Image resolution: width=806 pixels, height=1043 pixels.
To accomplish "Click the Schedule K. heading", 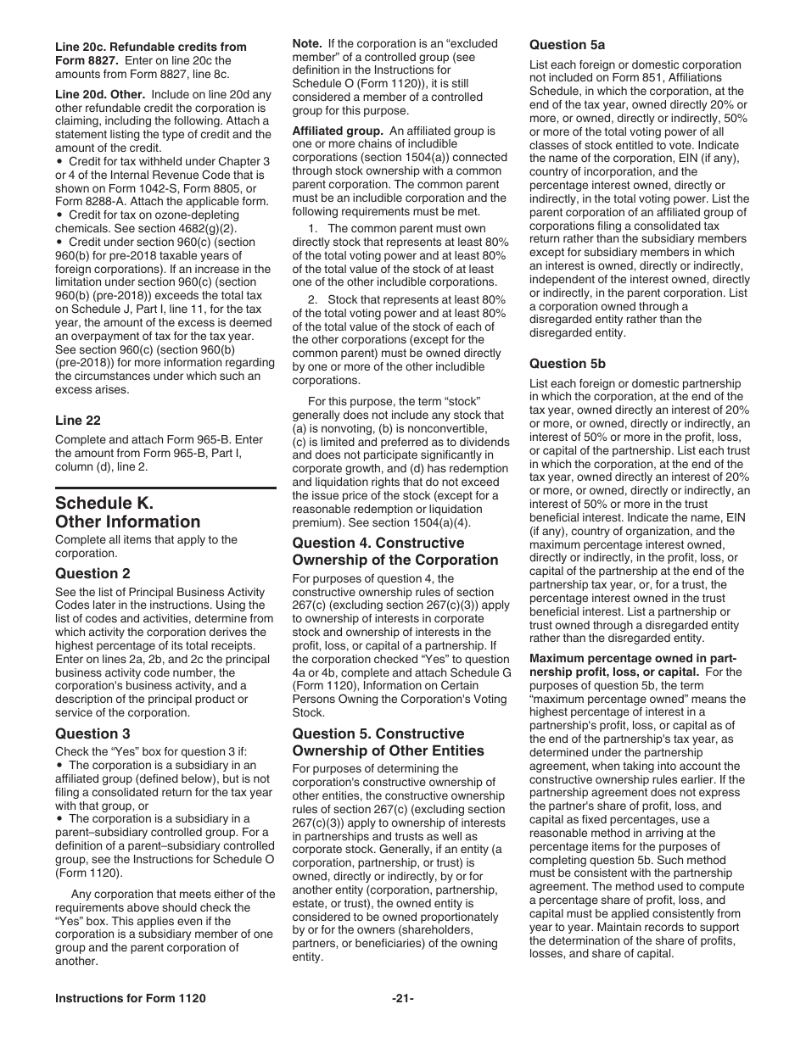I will pyautogui.click(x=104, y=502).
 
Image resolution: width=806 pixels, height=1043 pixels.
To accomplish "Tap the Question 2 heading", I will pyautogui.click(x=92, y=573).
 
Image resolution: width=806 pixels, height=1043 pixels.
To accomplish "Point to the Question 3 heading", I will pyautogui.click(x=92, y=733).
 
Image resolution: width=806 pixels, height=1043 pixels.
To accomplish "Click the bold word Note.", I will pyautogui.click(x=306, y=43).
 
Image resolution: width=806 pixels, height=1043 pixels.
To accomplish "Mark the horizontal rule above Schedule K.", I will pyautogui.click(x=165, y=488).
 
